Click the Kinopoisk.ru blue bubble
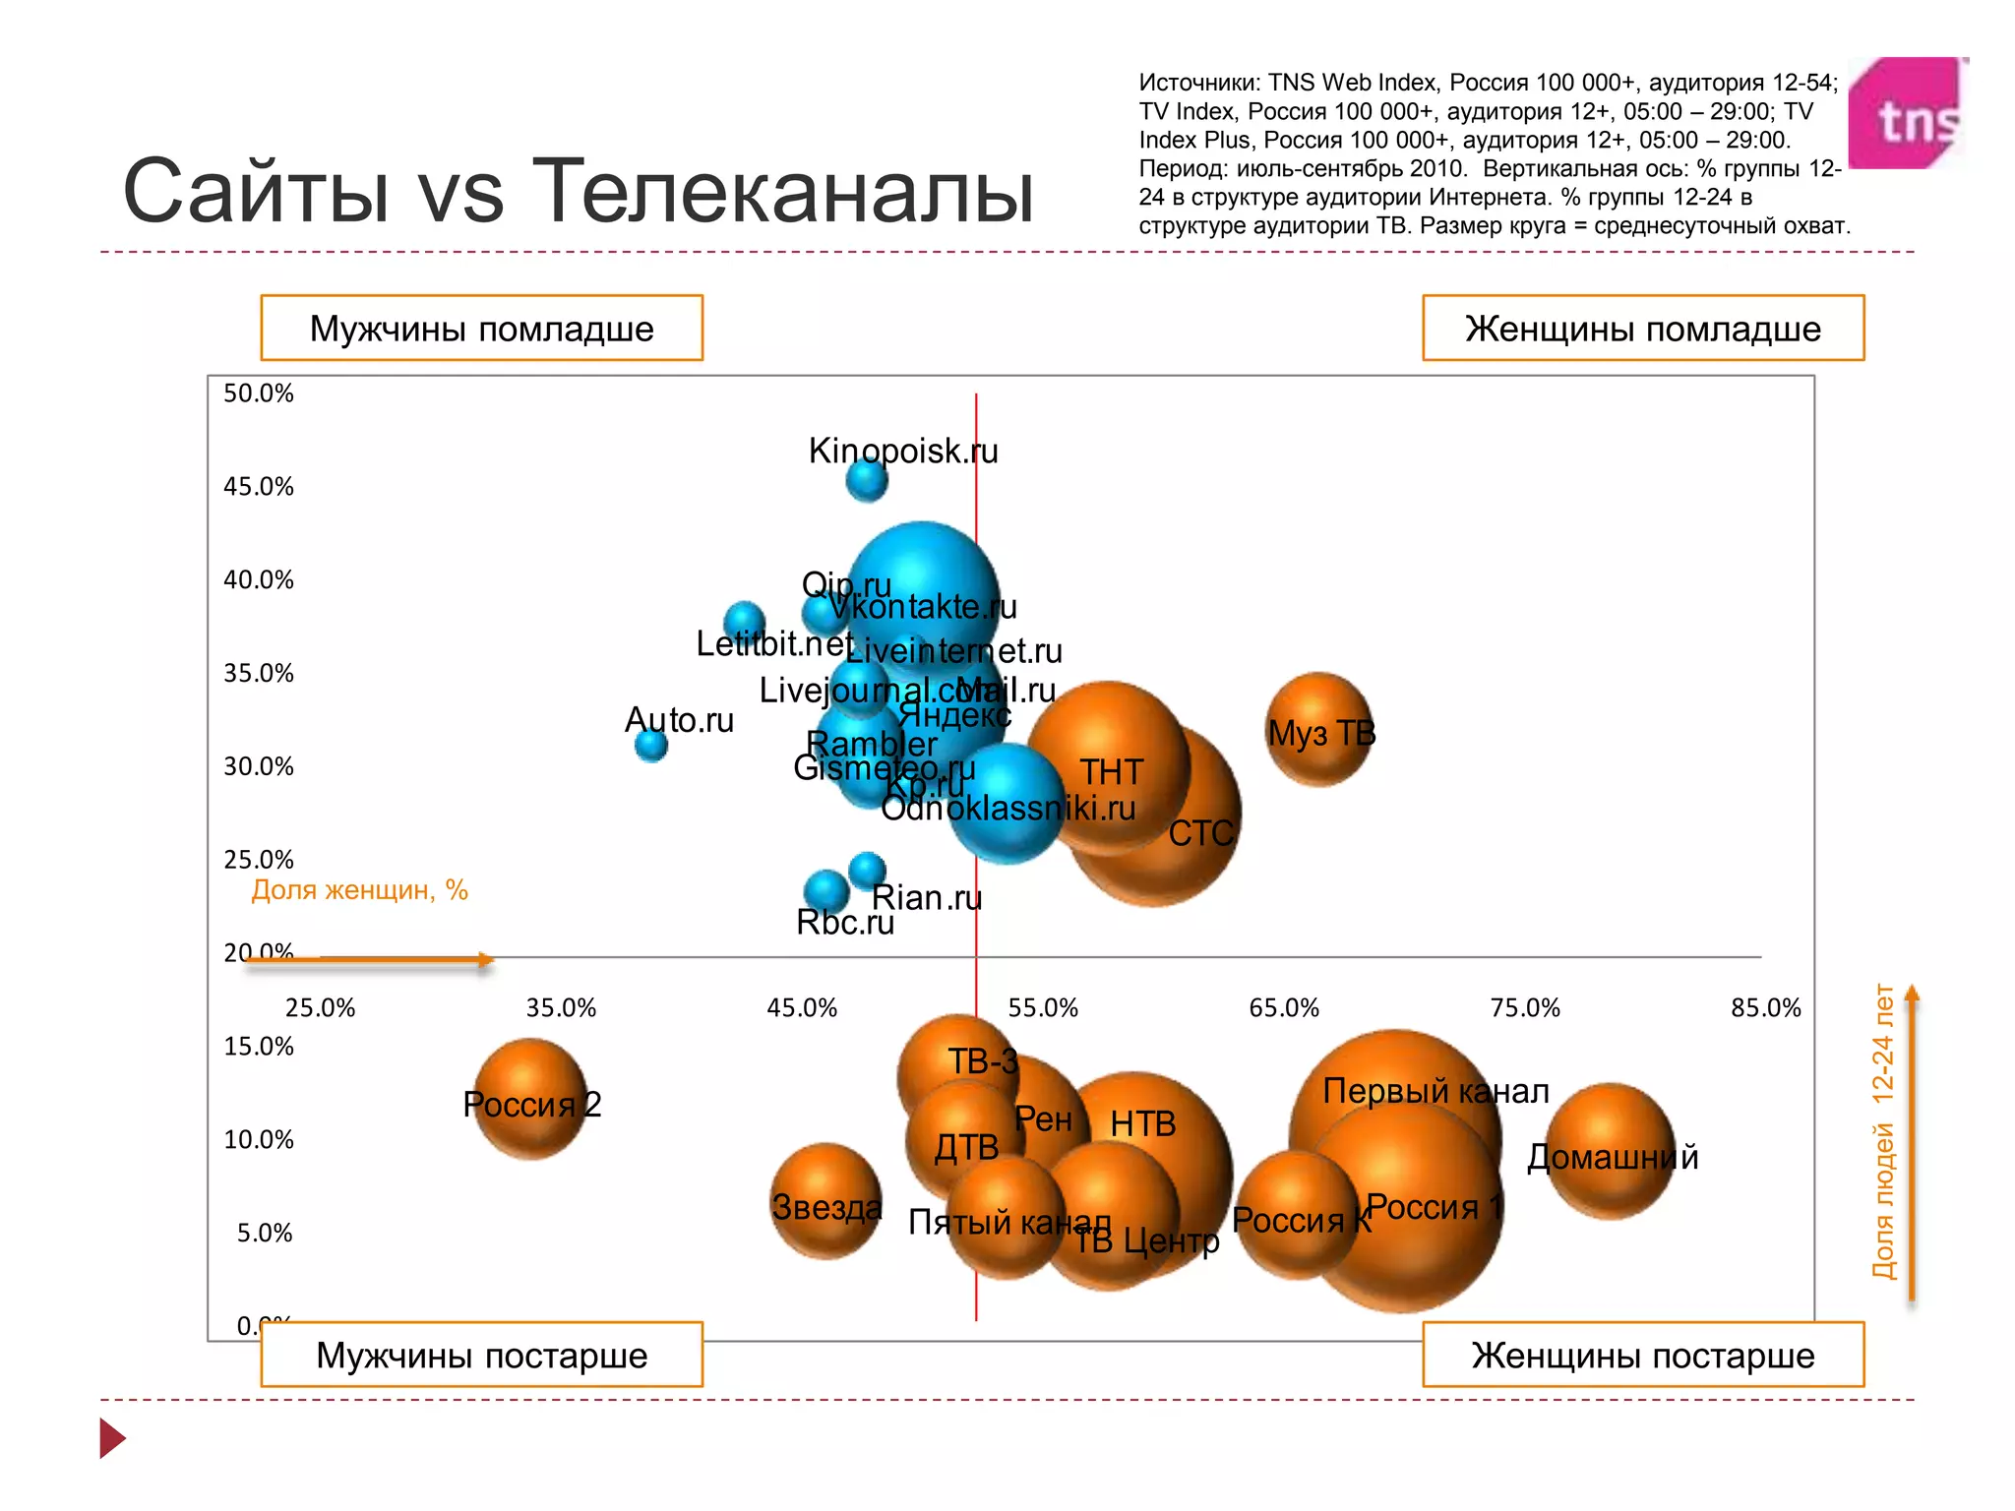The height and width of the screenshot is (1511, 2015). (x=867, y=480)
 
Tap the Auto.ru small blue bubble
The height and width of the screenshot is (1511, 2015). (x=651, y=745)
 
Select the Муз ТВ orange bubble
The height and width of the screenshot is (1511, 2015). (x=1319, y=729)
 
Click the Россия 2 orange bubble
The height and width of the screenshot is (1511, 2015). (x=530, y=1099)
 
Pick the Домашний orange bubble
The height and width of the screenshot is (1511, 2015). (x=1610, y=1151)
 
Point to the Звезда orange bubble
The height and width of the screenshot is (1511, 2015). (x=825, y=1201)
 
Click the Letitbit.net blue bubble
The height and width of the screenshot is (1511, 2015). (x=745, y=621)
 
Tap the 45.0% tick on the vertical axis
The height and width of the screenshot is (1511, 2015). (x=258, y=487)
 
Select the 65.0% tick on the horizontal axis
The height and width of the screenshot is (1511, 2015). (x=1283, y=1008)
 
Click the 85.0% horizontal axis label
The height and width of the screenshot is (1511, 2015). (x=1765, y=1008)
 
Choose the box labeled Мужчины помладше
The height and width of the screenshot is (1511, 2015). (x=481, y=329)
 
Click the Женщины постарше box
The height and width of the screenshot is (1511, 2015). (x=1642, y=1355)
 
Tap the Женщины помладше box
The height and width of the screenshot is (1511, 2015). (x=1642, y=329)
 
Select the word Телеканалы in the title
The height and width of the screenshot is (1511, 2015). (x=782, y=191)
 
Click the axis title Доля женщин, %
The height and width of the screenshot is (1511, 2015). (x=359, y=890)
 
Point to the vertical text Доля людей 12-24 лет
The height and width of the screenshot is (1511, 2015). (x=1882, y=1131)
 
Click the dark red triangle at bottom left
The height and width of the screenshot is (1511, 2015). (x=111, y=1438)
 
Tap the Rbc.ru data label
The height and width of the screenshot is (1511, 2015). (x=844, y=923)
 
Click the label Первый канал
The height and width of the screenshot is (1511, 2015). (x=1435, y=1091)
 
